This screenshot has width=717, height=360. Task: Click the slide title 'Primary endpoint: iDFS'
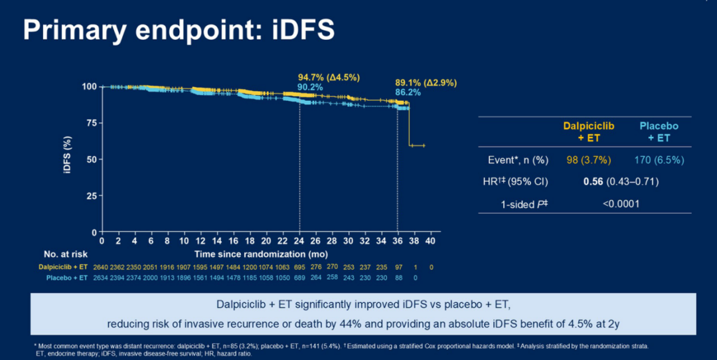[179, 30]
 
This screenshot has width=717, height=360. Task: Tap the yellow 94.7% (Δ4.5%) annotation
[329, 78]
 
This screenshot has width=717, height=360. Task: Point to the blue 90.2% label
[311, 87]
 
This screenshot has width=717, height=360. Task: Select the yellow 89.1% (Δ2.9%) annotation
[426, 83]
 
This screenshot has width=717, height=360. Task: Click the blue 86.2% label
[408, 92]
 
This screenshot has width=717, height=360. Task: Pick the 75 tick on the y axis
[88, 123]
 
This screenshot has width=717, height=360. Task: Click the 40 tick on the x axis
[430, 240]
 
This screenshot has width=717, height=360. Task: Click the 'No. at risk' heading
[66, 254]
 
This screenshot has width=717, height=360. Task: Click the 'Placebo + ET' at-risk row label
[72, 277]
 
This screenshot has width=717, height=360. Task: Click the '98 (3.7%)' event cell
[588, 160]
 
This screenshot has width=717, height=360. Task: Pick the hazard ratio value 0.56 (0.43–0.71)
[620, 181]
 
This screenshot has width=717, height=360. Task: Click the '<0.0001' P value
[621, 203]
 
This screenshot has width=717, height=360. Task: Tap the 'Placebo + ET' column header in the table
[659, 132]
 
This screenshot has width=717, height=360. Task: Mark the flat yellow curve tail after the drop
[417, 145]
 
